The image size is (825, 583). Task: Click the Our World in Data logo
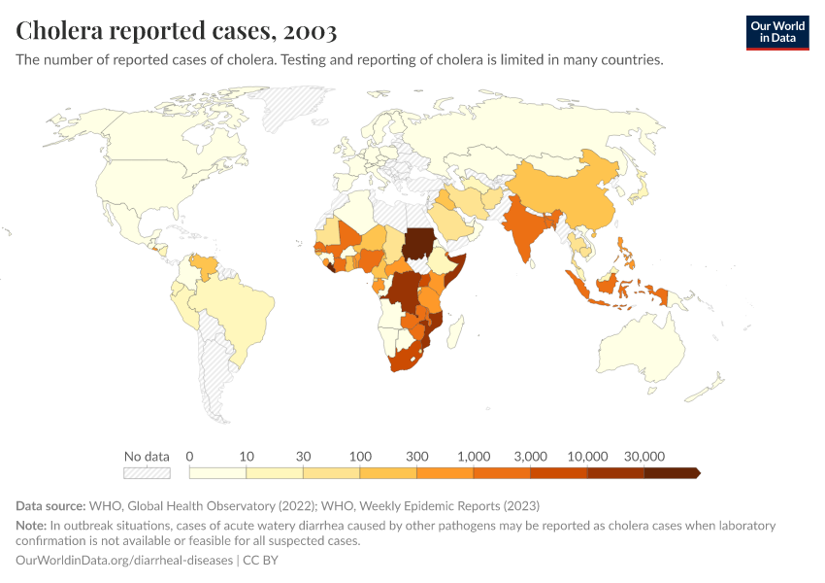[776, 32]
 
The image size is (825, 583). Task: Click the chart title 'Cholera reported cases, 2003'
[177, 31]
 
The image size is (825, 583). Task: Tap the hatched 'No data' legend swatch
[147, 473]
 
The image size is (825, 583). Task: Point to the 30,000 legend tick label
[643, 456]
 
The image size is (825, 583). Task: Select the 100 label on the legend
[360, 456]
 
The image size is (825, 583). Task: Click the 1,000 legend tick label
[474, 456]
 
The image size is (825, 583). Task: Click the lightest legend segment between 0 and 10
[217, 473]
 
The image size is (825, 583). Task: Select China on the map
[573, 194]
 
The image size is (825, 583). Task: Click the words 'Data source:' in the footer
[50, 505]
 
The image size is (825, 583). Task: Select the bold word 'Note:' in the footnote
[31, 526]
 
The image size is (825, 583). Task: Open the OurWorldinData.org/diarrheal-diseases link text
[124, 561]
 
